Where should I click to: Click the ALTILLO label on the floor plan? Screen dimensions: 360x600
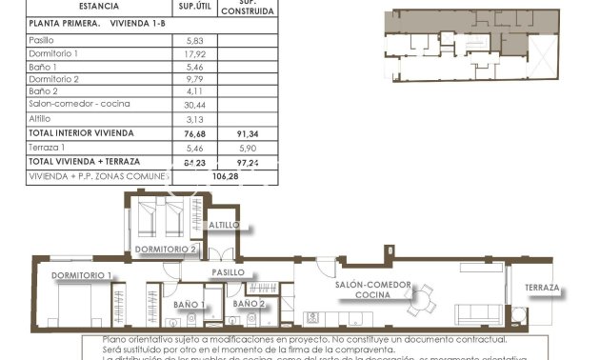[225, 226]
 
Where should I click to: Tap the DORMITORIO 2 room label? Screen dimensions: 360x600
[167, 250]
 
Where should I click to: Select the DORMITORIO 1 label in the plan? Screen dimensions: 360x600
[83, 275]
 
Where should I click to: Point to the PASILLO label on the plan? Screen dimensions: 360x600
[229, 272]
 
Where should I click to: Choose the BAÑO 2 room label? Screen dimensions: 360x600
[249, 304]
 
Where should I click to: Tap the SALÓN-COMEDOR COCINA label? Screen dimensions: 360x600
[372, 290]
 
